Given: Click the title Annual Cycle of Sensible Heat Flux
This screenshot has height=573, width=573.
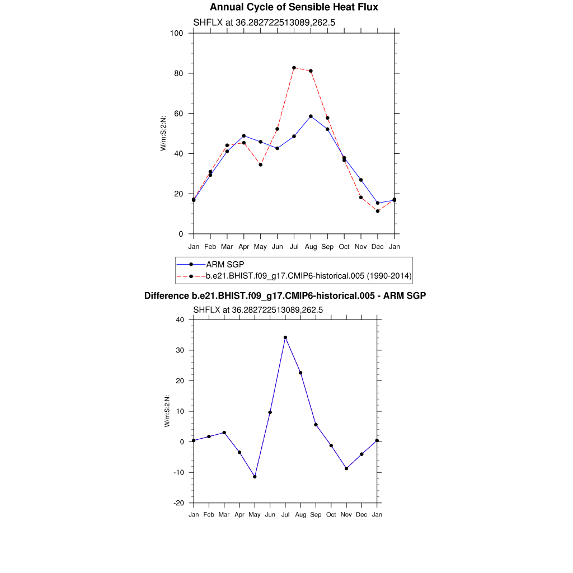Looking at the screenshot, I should click(x=294, y=7).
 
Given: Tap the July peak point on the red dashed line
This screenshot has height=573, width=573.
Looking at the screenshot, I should click(x=294, y=68).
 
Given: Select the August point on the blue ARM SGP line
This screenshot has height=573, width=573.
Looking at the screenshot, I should click(x=311, y=116).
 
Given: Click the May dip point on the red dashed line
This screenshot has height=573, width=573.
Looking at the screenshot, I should click(x=260, y=165).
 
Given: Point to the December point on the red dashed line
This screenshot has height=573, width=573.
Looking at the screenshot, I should click(x=378, y=211).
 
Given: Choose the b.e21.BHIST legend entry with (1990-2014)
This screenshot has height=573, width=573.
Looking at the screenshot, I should click(x=309, y=276).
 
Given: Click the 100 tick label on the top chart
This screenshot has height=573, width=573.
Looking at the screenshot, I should click(x=177, y=33).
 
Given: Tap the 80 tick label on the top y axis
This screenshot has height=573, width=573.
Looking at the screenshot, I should click(x=179, y=73).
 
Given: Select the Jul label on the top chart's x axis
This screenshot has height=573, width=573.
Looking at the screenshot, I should click(x=294, y=247).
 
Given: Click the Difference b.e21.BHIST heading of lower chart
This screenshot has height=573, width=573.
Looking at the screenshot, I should click(x=285, y=295).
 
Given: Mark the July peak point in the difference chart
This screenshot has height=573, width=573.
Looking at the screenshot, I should click(x=285, y=337).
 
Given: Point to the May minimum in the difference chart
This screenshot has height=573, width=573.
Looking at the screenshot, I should click(x=255, y=477).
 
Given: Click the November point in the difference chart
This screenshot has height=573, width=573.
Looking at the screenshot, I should click(x=346, y=468).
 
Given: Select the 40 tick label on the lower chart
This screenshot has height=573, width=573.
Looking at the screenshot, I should click(x=180, y=320).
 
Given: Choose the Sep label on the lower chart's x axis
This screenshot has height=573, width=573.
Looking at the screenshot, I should click(x=316, y=515).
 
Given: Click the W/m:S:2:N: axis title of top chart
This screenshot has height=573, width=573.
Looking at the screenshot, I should click(x=163, y=133).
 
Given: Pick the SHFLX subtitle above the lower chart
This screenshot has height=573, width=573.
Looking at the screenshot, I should click(x=258, y=309).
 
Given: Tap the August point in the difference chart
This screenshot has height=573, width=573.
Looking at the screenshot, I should click(x=300, y=373).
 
